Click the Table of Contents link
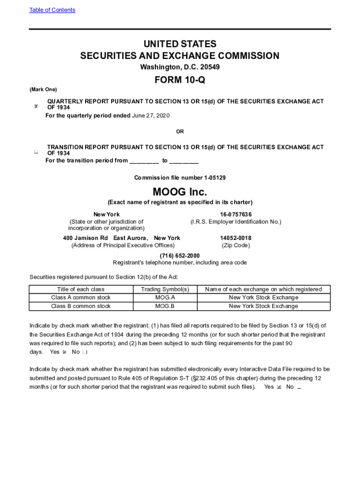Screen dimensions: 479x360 52,10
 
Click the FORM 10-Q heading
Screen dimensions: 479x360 180,80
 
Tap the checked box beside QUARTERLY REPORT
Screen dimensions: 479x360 36,108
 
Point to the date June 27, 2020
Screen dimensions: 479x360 151,116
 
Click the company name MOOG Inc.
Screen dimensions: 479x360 180,192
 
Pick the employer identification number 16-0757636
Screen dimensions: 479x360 236,214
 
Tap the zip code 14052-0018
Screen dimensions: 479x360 236,238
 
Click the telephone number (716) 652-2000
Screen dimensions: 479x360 180,255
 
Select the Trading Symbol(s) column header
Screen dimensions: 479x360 165,289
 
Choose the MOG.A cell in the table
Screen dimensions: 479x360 165,298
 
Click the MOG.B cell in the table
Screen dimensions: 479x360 165,306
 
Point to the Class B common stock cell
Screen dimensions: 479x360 81,306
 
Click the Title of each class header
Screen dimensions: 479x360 81,289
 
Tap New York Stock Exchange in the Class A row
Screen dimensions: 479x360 263,298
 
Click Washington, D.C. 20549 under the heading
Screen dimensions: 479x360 180,67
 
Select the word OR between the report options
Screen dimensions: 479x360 180,131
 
